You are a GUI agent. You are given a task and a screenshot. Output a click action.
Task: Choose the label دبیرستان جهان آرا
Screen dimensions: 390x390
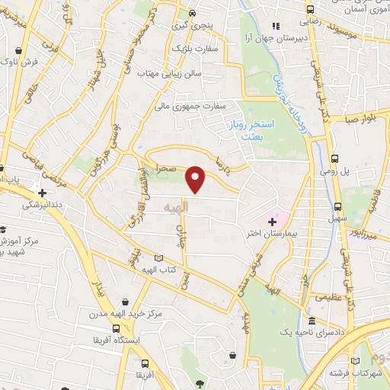click(x=276, y=37)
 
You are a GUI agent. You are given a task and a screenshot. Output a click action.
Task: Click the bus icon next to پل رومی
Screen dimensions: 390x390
click(x=336, y=158)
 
